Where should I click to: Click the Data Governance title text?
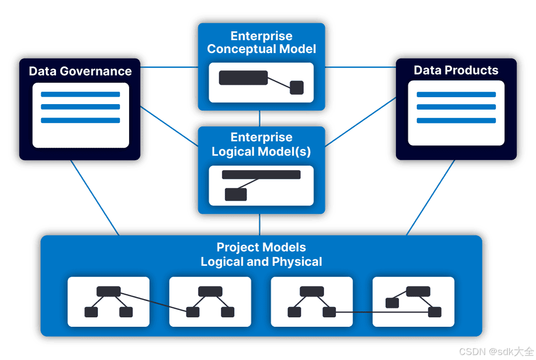[80, 71]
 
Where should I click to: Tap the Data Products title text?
[456, 70]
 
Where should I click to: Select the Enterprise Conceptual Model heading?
[262, 43]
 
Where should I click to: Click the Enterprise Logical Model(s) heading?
[262, 144]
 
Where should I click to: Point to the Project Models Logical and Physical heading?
[262, 254]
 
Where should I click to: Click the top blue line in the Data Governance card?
[80, 94]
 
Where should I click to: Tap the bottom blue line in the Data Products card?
[456, 120]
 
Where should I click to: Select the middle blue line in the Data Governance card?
[80, 107]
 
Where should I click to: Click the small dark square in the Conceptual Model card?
[296, 87]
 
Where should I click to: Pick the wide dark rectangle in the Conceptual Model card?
[243, 78]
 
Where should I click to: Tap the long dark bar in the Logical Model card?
[261, 175]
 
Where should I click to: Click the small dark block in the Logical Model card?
[236, 194]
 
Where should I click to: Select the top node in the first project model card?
[108, 291]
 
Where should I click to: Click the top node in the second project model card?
[210, 291]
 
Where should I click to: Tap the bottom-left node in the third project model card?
[294, 312]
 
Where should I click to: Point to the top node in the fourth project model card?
[418, 291]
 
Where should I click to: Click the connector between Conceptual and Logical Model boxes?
[260, 118]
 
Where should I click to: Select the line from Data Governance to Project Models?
[94, 197]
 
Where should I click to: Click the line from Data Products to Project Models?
[431, 197]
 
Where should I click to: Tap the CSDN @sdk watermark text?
[495, 351]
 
